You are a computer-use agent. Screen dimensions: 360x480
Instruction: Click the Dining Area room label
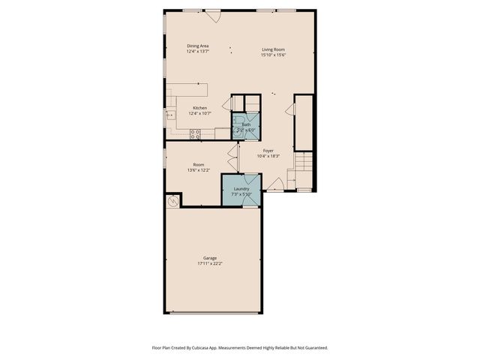tap(197, 46)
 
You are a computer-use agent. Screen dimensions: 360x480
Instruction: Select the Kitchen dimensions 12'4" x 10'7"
tap(199, 113)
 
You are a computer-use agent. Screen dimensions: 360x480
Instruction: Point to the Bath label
tap(246, 124)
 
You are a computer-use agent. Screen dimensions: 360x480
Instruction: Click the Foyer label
tap(268, 150)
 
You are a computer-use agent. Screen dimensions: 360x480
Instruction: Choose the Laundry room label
tap(241, 188)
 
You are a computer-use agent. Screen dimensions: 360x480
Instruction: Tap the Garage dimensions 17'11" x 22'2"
tap(210, 263)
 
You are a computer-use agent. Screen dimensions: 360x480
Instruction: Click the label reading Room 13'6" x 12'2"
tap(199, 167)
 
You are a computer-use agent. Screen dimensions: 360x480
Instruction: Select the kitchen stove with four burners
tap(195, 134)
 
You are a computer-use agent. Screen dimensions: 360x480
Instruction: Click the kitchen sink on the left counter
tap(170, 115)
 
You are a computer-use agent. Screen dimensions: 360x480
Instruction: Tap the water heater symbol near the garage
tap(172, 200)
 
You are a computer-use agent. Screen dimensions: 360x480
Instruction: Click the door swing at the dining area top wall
tap(213, 16)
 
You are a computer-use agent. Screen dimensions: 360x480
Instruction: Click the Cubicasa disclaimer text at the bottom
tap(240, 347)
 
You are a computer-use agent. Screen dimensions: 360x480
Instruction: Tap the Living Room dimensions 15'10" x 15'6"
tap(273, 54)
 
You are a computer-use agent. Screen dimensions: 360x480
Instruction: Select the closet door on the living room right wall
tap(290, 109)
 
